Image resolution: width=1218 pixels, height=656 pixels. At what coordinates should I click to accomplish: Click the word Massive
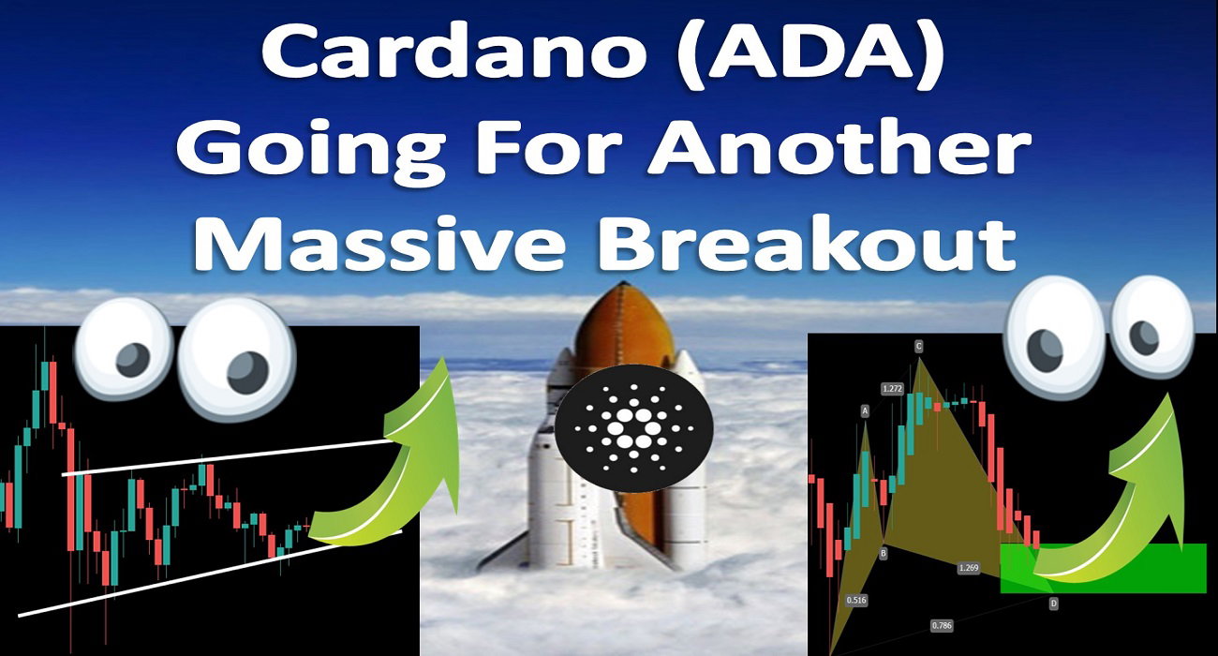point(379,242)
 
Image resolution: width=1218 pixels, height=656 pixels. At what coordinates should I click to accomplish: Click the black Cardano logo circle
point(633,428)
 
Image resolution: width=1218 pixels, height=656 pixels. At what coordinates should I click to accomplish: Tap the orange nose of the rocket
point(625,326)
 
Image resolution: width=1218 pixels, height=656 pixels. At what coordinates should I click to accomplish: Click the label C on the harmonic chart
point(918,346)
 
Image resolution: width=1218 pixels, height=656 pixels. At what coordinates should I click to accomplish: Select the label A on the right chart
point(865,411)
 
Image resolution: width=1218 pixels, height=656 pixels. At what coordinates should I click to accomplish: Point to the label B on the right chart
point(884,553)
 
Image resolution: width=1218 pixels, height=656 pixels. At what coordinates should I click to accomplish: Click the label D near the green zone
point(1053,604)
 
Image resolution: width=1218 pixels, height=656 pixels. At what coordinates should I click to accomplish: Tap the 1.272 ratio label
point(892,388)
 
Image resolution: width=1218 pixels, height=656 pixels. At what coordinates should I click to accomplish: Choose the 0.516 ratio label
point(856,600)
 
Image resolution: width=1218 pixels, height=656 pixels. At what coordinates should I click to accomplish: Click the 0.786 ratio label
point(942,625)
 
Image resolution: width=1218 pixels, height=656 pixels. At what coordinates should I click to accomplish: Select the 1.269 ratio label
point(969,568)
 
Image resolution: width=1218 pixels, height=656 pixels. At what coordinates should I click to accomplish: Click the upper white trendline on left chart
point(229,458)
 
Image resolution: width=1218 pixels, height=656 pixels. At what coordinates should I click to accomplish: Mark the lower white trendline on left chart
point(209,574)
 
